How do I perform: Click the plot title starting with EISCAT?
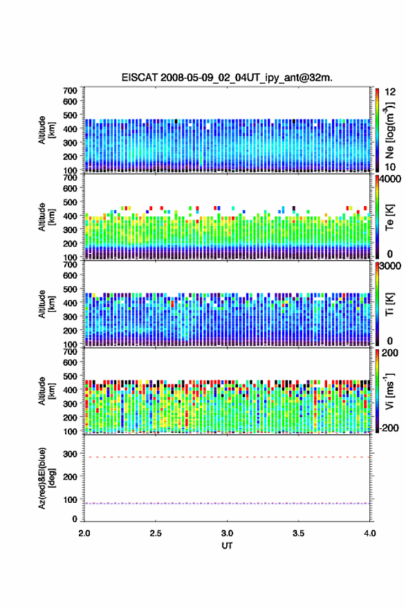pyautogui.click(x=227, y=77)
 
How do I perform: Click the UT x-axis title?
pyautogui.click(x=227, y=546)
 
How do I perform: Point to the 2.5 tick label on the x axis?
pyautogui.click(x=156, y=533)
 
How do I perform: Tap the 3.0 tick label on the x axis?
pyautogui.click(x=227, y=533)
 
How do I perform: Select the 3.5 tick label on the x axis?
pyautogui.click(x=298, y=533)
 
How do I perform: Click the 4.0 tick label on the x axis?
pyautogui.click(x=369, y=533)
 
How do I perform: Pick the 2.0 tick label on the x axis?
pyautogui.click(x=84, y=533)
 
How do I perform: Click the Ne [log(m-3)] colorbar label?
pyautogui.click(x=389, y=130)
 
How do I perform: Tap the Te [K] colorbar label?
pyautogui.click(x=389, y=218)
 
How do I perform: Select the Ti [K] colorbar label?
pyautogui.click(x=389, y=304)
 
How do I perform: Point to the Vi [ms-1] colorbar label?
pyautogui.click(x=389, y=391)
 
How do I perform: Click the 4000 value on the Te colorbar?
pyautogui.click(x=390, y=179)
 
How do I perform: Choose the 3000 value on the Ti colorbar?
pyautogui.click(x=390, y=266)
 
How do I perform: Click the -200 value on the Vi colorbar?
pyautogui.click(x=389, y=428)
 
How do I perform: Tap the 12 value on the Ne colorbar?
pyautogui.click(x=390, y=92)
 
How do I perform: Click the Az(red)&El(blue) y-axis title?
pyautogui.click(x=46, y=478)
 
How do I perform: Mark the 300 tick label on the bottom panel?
pyautogui.click(x=70, y=454)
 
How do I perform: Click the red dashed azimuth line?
pyautogui.click(x=227, y=457)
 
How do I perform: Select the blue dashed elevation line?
pyautogui.click(x=227, y=504)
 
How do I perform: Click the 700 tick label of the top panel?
pyautogui.click(x=70, y=91)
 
